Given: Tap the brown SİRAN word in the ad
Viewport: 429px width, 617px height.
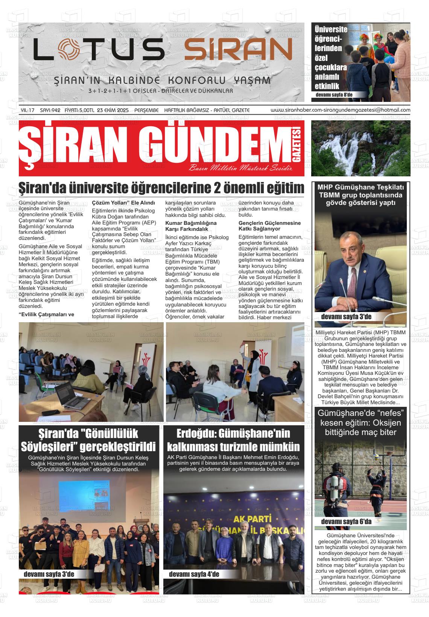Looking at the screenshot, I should [x=238, y=50].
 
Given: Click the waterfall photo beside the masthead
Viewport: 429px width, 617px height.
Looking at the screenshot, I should [x=361, y=148].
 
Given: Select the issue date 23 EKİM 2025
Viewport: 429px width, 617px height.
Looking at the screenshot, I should [x=113, y=110].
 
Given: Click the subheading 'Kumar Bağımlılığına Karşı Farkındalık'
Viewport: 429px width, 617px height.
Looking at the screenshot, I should [x=191, y=226].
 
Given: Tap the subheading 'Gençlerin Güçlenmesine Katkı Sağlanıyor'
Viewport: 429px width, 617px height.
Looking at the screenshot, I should [x=270, y=226].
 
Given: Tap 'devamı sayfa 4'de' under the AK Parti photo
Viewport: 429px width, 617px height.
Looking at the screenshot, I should [x=194, y=574].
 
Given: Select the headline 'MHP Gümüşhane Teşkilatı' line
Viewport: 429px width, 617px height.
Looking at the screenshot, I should [x=360, y=187].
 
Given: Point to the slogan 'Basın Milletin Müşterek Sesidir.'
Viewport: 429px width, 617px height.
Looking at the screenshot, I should [x=241, y=168].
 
